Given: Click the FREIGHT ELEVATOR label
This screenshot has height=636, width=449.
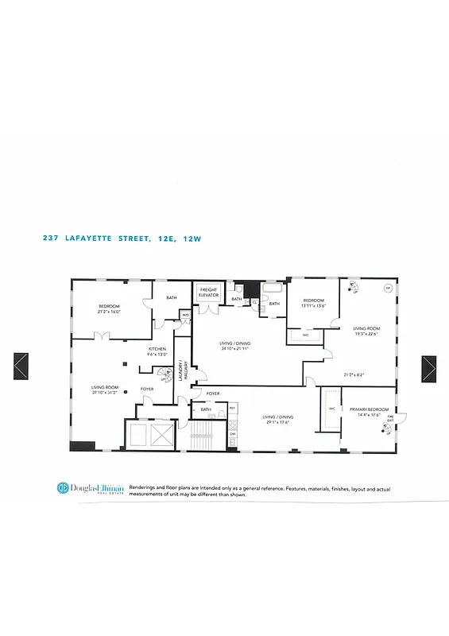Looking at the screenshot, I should click(x=208, y=293).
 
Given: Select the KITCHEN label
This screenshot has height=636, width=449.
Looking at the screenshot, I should click(x=157, y=350).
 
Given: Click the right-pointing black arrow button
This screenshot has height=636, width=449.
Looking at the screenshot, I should click(x=430, y=368).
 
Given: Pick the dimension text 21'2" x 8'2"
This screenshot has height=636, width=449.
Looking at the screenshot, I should click(x=354, y=374).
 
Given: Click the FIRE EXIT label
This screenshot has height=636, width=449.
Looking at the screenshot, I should click(x=390, y=418).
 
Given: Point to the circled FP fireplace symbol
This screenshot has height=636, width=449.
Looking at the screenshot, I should click(x=388, y=289).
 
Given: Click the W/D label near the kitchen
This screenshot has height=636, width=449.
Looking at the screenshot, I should click(x=185, y=315).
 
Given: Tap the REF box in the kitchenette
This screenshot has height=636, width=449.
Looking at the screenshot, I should click(x=232, y=409).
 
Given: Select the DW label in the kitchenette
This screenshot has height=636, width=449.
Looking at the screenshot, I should click(x=232, y=432).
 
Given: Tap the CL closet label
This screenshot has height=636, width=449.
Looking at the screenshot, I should click(x=254, y=303).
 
